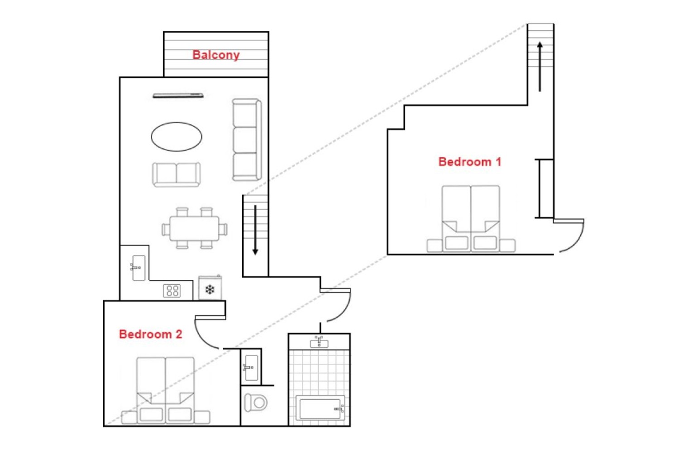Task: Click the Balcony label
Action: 216,55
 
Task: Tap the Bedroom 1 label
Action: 469,162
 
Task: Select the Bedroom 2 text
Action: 151,334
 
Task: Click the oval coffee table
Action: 177,137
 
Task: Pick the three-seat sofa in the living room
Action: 247,140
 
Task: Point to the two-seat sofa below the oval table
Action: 176,174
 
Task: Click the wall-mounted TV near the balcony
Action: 178,96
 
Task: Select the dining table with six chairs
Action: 194,228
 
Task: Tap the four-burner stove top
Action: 172,291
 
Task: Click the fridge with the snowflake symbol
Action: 210,287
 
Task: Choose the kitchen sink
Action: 139,268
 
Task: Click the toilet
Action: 256,403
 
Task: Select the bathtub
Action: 320,408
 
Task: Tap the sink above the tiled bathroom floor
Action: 319,342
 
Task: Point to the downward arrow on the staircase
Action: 255,230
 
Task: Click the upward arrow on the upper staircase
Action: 540,66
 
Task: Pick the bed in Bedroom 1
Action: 471,219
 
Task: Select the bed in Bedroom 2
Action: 166,391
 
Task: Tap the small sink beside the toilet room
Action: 251,367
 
